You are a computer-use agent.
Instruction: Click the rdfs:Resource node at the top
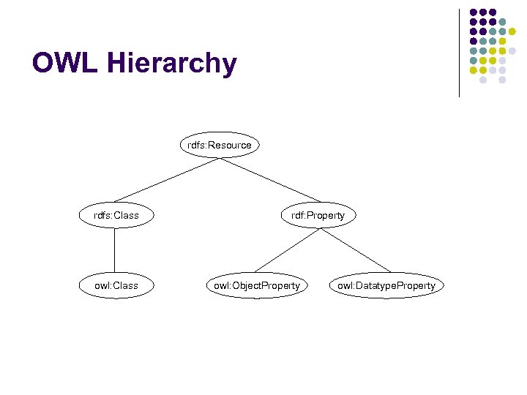coord(219,145)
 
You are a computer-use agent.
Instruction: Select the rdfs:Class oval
coord(116,215)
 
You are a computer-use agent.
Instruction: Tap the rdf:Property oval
coord(317,215)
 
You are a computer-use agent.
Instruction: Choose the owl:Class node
coord(116,285)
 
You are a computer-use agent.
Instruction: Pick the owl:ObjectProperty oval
coord(256,285)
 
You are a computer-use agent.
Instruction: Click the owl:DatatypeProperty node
coord(386,285)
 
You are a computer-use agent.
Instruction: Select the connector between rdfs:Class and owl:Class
coord(115,250)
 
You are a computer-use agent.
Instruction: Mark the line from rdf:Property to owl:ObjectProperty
coord(287,250)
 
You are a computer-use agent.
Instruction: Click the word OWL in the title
coord(65,64)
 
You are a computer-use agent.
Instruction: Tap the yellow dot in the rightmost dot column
coord(512,31)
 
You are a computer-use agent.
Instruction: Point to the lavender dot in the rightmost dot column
coord(512,51)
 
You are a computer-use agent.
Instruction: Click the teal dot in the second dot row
coord(503,22)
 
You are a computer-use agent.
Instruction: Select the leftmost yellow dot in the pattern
coord(474,70)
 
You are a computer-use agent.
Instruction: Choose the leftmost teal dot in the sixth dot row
coord(474,61)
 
